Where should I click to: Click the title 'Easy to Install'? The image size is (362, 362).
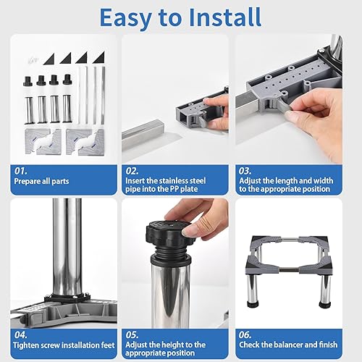tap(180, 16)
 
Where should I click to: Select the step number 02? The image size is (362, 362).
tap(132, 170)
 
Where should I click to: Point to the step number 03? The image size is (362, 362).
tap(245, 170)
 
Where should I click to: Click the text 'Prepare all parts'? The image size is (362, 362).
tap(41, 181)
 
